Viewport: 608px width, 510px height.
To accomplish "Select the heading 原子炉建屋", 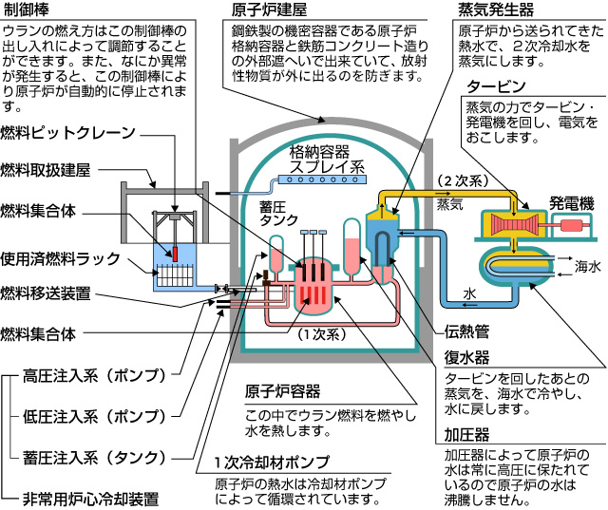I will click(270, 12).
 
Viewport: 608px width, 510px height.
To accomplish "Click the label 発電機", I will click(571, 202).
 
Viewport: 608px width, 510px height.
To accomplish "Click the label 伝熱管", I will click(467, 331).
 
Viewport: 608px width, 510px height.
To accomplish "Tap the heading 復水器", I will click(467, 358).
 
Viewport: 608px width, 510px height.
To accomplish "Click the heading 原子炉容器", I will click(283, 391).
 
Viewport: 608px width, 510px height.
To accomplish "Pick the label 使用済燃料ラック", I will click(61, 256).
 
